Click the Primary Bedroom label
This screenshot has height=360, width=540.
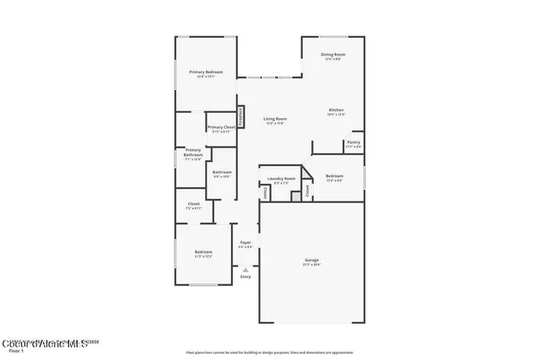[206, 73]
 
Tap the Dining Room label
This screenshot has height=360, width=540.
[332, 55]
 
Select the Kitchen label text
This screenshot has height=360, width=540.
[336, 110]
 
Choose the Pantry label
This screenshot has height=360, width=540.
[353, 142]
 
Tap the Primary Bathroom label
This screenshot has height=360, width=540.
[193, 153]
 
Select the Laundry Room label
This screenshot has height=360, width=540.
[281, 179]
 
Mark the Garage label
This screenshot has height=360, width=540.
[311, 260]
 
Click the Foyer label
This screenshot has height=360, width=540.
[246, 242]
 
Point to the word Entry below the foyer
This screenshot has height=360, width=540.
[246, 277]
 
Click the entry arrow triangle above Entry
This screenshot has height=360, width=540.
[246, 269]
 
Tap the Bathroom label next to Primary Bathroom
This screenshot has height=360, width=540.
[221, 172]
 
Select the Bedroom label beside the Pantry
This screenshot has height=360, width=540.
[334, 176]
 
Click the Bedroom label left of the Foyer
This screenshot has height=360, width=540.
[203, 252]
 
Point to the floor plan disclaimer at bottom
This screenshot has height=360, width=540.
[269, 352]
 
